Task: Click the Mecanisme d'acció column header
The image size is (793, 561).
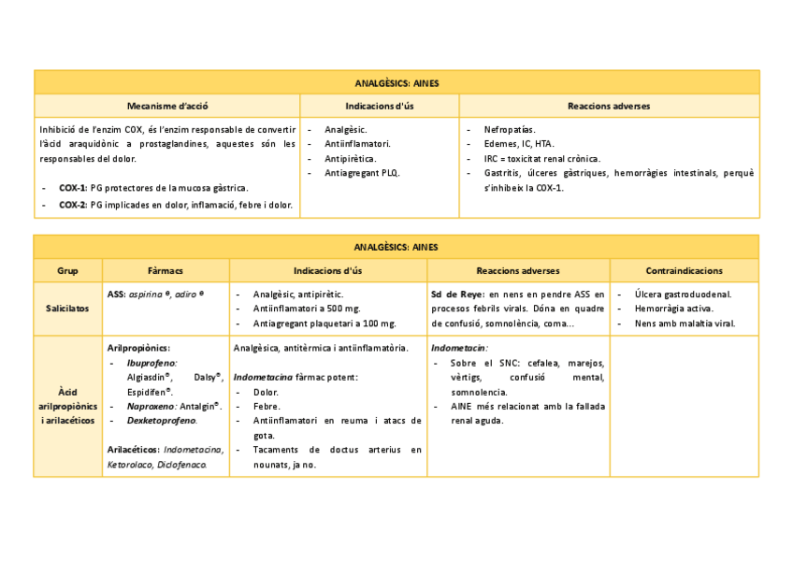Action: (x=167, y=107)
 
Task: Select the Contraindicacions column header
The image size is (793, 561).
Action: (x=684, y=271)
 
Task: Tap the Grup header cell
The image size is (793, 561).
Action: (x=67, y=271)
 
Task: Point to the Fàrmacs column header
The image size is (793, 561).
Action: (x=166, y=271)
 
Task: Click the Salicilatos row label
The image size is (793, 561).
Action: (x=67, y=309)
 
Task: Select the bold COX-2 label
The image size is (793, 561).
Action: (x=72, y=205)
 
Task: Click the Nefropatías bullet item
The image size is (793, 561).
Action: (x=510, y=129)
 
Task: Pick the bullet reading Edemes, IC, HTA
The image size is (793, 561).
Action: (x=519, y=144)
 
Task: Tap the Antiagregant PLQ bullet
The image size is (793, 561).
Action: (x=362, y=173)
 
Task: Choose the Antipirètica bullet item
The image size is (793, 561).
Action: (x=351, y=159)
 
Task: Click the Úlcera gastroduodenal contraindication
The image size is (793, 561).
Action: (x=683, y=294)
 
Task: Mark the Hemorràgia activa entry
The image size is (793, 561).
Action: (x=673, y=309)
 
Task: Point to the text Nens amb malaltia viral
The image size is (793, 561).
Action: (x=685, y=324)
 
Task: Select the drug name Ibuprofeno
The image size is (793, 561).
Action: (x=151, y=362)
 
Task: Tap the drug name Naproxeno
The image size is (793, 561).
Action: (x=151, y=406)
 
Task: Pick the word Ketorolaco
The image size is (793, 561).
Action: (x=130, y=464)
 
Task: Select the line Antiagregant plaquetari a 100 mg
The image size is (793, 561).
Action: (x=324, y=324)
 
